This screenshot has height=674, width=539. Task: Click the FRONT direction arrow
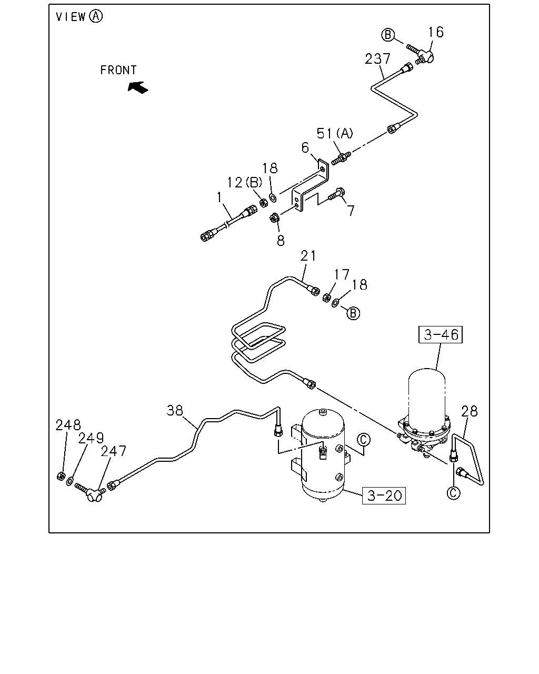pos(138,87)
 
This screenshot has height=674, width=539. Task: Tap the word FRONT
pos(118,70)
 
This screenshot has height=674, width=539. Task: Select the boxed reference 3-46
pos(441,335)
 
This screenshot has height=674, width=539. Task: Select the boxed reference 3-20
pos(384,496)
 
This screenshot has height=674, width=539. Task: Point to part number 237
pos(378,59)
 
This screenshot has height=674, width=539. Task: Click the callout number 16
pos(436,32)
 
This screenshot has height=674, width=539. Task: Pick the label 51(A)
pos(335,133)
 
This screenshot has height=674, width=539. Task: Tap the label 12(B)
pos(245,183)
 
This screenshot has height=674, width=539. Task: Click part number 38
pos(175,411)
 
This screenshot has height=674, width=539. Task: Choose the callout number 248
pos(68,425)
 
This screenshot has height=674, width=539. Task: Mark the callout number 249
pos(91,438)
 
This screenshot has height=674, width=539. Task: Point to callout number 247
pos(113,451)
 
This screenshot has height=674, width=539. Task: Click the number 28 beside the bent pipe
pos(469,412)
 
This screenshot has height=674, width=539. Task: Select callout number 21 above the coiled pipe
pos(308,256)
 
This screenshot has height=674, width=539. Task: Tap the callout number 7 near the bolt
pos(351,211)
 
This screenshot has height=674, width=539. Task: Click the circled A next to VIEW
pos(96,16)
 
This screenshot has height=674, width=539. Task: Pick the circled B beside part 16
pos(388,34)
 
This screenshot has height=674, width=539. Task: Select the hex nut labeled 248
pos(61,477)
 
